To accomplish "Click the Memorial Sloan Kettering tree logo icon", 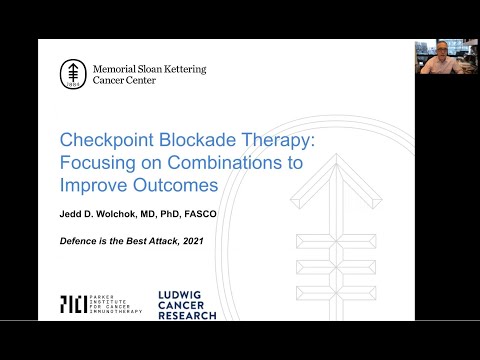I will pyautogui.click(x=73, y=73).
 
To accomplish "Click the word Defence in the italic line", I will pyautogui.click(x=84, y=240).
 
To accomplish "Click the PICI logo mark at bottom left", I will pyautogui.click(x=73, y=304).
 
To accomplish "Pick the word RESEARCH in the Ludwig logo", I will pyautogui.click(x=187, y=315).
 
